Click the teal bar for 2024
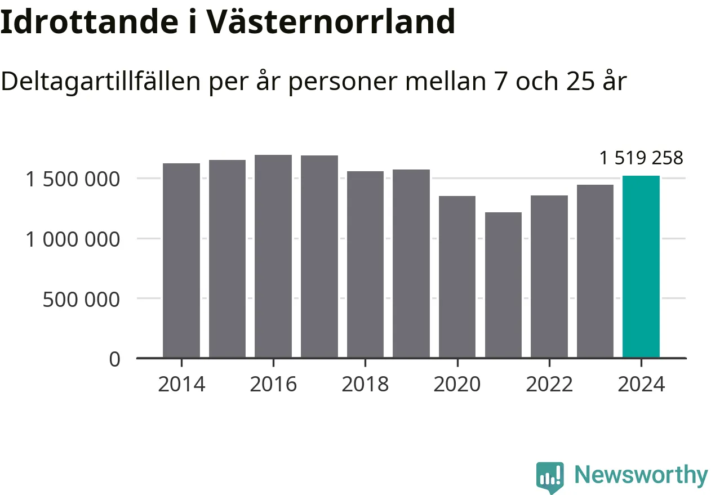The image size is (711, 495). (x=641, y=267)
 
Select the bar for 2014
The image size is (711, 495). (x=181, y=260)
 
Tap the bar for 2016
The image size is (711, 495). (x=273, y=256)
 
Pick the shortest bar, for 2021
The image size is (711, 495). (x=503, y=285)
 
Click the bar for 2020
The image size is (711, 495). (x=457, y=277)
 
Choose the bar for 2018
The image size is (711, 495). (x=365, y=264)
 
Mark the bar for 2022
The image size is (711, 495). (x=549, y=277)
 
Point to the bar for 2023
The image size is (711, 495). (x=595, y=271)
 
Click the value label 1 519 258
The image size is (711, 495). (x=641, y=158)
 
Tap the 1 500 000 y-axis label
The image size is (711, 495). (x=73, y=180)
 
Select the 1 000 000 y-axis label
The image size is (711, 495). (x=73, y=239)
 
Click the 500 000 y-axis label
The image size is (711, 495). (x=81, y=299)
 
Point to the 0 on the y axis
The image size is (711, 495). (x=114, y=359)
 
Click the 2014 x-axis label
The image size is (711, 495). (x=181, y=385)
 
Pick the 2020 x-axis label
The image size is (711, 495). (x=457, y=385)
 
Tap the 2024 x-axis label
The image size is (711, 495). (x=641, y=385)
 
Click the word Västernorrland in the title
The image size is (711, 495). (x=330, y=22)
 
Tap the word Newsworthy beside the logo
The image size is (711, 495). (x=641, y=475)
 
